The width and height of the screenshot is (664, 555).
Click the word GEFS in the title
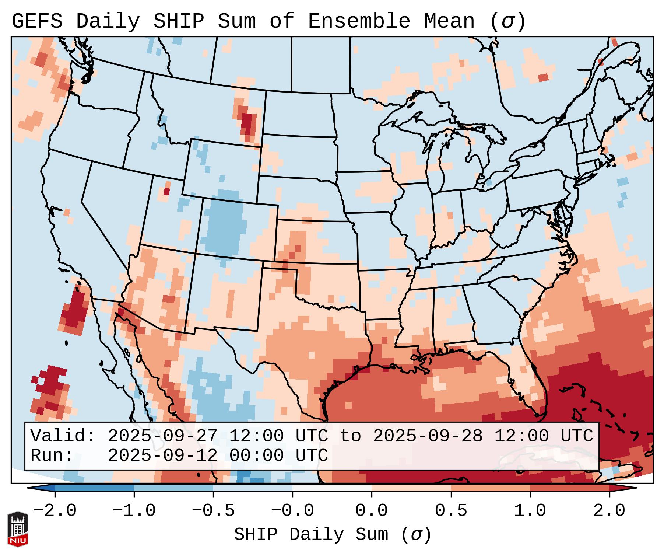[37, 21]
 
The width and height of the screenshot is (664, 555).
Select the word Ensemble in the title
[359, 21]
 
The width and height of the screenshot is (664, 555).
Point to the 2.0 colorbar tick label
[609, 511]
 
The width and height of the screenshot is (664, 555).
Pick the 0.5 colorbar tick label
[451, 511]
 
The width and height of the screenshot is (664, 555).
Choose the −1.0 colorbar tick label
[134, 511]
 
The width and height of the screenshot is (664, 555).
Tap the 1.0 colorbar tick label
[530, 511]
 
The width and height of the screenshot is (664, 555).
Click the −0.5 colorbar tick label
[213, 511]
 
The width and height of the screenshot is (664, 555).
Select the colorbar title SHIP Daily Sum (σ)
[332, 534]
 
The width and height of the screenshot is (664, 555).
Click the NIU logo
[18, 529]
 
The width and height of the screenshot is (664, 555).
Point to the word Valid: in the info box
[63, 436]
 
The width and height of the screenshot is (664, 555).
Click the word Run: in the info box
[52, 455]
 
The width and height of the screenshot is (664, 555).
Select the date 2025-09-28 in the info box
[428, 436]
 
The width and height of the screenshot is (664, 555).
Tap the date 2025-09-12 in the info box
[162, 455]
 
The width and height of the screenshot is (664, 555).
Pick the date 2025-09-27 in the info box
[162, 436]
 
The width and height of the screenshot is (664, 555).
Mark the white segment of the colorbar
[332, 488]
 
